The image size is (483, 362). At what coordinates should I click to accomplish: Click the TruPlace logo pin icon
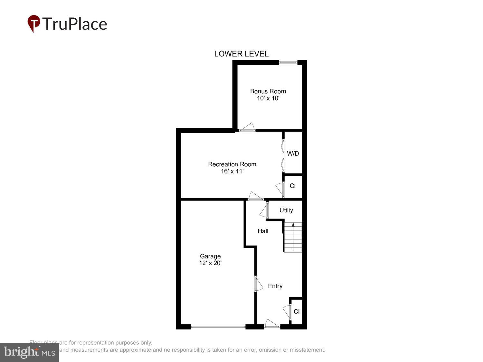point(33,23)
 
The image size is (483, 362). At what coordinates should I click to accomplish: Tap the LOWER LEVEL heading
point(241,54)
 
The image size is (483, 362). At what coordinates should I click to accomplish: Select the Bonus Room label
point(268,91)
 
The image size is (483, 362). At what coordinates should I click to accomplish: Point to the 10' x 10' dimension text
point(268,98)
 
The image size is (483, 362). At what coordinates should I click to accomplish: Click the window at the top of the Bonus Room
point(288,62)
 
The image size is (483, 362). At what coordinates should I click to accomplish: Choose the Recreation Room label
point(232,164)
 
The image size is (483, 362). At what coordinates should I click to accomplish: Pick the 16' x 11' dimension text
point(232,171)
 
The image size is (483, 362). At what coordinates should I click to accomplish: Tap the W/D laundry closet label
point(293,153)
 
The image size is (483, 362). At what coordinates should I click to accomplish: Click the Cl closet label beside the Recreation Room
point(292,186)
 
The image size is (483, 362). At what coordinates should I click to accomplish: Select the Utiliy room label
point(286,210)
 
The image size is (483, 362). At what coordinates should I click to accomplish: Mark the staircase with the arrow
point(293,237)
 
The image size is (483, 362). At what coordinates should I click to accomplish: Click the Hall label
point(263,231)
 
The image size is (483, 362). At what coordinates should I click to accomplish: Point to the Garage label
point(210,256)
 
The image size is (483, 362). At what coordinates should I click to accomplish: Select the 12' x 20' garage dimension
point(210,263)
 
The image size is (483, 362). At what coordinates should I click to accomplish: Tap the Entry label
point(275,286)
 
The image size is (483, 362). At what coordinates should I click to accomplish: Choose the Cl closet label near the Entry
point(297,311)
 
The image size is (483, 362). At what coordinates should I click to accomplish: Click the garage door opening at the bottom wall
point(218,327)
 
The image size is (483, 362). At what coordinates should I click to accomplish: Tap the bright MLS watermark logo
point(29,352)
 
